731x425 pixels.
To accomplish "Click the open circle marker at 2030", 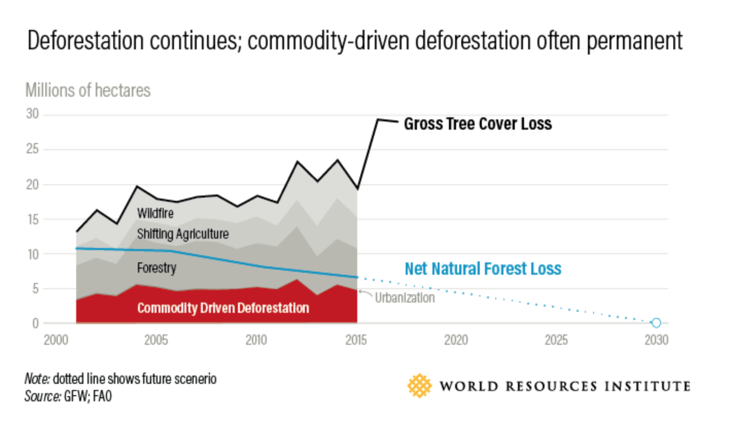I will (x=655, y=323).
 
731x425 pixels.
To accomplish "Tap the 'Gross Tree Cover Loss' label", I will (x=477, y=124).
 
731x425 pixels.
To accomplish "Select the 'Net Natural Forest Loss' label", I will (x=482, y=269).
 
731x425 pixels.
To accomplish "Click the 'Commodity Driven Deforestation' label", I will (x=223, y=308).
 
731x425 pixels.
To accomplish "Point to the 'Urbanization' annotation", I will (x=405, y=298).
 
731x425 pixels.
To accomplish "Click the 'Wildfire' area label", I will (x=155, y=212).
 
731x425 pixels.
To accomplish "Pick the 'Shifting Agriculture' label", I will (x=182, y=234).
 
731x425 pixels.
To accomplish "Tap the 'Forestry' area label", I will (x=156, y=268).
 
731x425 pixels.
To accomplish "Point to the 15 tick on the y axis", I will (x=32, y=219).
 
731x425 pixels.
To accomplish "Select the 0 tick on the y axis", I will (x=36, y=324).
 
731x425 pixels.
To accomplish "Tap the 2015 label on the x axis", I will (x=356, y=341).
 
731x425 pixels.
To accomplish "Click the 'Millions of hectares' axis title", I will (x=88, y=91).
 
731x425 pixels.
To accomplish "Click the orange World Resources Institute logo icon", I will (x=419, y=385).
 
